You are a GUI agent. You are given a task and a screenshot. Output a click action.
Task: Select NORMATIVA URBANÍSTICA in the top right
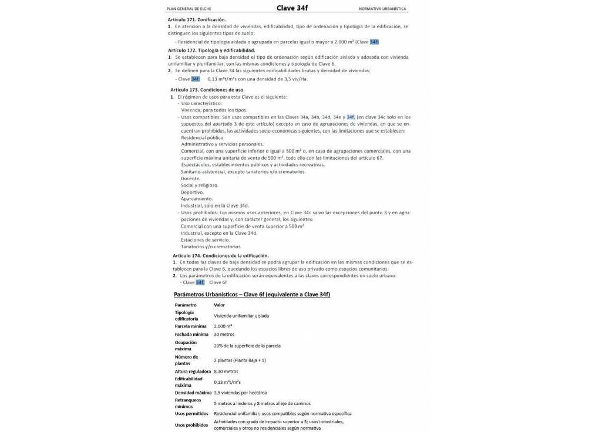point(382,9)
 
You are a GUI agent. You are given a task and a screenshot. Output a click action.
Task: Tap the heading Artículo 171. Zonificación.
point(197,19)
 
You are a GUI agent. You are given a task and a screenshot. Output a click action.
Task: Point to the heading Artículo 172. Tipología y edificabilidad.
point(211,50)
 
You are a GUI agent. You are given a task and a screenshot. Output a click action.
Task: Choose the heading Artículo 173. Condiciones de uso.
point(208,90)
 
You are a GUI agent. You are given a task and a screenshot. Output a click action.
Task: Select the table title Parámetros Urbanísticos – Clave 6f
point(252,293)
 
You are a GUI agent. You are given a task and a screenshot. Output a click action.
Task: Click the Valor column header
point(219,305)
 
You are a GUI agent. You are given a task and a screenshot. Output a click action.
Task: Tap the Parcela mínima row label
point(190,326)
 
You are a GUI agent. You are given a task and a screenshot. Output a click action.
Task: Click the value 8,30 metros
point(226,371)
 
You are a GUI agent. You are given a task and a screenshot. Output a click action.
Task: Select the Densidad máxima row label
point(193,392)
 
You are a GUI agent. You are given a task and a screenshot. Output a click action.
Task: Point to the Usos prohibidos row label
point(191,424)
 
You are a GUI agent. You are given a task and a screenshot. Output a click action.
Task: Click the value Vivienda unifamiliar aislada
point(241,315)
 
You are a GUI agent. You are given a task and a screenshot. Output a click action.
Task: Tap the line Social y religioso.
point(199,185)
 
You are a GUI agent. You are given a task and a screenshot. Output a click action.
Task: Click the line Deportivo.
point(192,192)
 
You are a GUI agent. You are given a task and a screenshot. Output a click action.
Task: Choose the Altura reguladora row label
point(193,371)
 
